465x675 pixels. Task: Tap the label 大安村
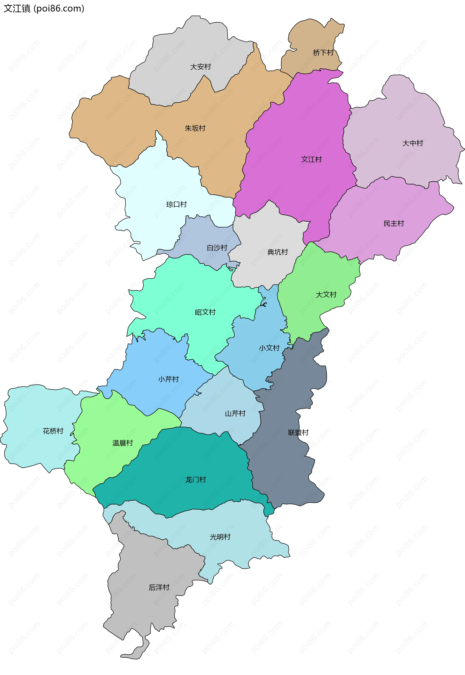click(x=201, y=67)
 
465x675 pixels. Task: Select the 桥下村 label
click(x=323, y=53)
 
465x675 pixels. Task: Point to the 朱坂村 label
click(x=195, y=128)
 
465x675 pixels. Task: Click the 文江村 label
click(x=311, y=159)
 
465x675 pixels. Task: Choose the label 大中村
click(x=412, y=143)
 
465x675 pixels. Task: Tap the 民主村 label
click(x=394, y=224)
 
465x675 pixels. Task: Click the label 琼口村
click(x=176, y=204)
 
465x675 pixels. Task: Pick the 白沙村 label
click(x=217, y=248)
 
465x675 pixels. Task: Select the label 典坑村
click(x=277, y=252)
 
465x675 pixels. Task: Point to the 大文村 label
click(x=326, y=295)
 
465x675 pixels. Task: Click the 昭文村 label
click(x=205, y=312)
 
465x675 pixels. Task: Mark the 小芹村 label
click(x=168, y=379)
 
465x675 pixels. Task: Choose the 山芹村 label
click(x=235, y=413)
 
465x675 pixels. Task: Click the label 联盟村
click(x=298, y=432)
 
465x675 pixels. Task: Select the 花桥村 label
click(x=53, y=431)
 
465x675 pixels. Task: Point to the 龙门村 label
click(x=195, y=480)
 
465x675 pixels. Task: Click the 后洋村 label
click(x=159, y=587)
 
